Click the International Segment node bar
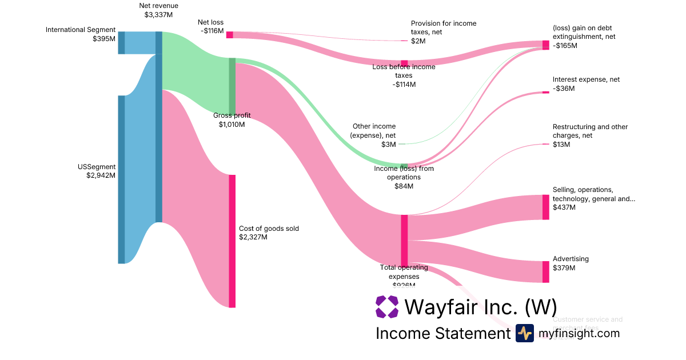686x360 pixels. click(x=121, y=43)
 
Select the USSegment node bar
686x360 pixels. click(x=121, y=179)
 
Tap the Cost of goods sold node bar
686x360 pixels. click(x=232, y=241)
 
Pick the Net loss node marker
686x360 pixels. click(x=229, y=35)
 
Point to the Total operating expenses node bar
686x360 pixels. click(x=404, y=241)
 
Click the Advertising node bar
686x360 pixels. click(x=545, y=272)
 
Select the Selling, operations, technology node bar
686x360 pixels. click(x=545, y=207)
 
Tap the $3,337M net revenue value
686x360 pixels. click(x=159, y=15)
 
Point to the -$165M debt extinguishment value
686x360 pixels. click(x=565, y=45)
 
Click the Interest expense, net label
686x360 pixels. click(x=586, y=80)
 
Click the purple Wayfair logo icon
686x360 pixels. click(x=387, y=307)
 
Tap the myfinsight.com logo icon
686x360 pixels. click(x=524, y=333)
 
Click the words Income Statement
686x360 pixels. click(x=442, y=333)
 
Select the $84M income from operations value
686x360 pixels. click(x=404, y=186)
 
